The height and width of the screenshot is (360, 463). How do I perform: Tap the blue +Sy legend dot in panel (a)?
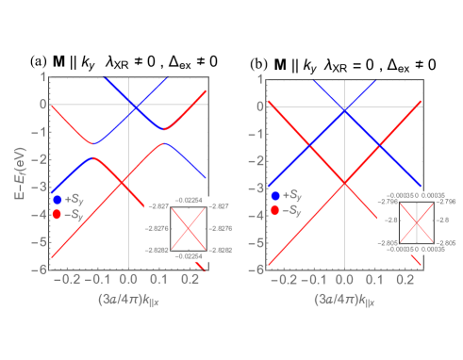(x=58, y=200)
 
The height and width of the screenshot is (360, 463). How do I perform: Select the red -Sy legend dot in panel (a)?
(x=58, y=214)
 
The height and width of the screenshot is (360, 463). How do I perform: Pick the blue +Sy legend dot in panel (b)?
(x=274, y=195)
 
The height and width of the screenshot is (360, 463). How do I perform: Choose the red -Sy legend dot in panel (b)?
(x=274, y=209)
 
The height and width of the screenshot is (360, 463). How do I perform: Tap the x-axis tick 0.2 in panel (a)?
(x=188, y=280)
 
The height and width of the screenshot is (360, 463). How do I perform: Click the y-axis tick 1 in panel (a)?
(x=42, y=77)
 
